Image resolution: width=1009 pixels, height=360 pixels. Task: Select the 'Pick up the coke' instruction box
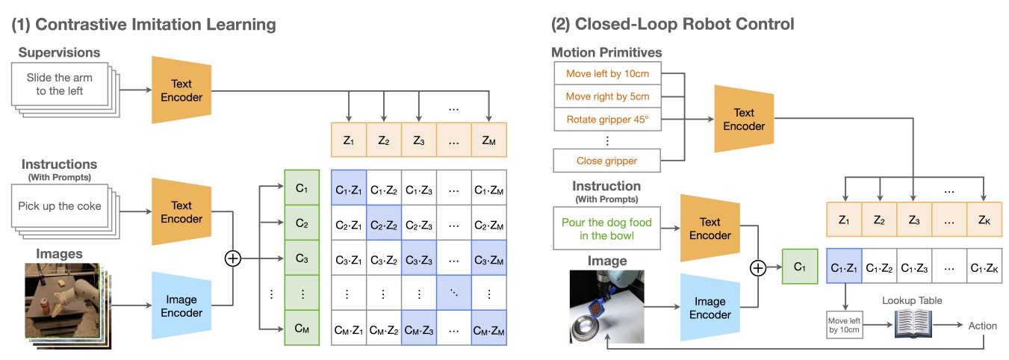[63, 206]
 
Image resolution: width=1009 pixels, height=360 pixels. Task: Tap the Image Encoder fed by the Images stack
[181, 305]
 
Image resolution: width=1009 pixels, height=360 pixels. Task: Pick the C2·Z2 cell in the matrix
[384, 225]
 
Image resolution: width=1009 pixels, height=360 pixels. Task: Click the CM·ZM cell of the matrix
[488, 328]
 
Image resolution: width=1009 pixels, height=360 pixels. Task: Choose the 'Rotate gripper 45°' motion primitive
[607, 120]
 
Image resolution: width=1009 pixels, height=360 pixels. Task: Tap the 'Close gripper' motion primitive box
[607, 160]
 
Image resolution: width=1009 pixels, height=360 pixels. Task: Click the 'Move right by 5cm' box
[607, 96]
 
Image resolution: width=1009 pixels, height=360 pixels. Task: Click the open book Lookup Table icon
[913, 326]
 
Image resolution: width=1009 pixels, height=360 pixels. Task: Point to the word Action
[982, 326]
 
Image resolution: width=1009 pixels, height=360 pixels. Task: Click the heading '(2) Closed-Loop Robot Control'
[672, 25]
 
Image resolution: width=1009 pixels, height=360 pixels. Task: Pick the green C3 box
[302, 259]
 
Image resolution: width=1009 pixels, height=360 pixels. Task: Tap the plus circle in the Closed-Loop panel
[759, 267]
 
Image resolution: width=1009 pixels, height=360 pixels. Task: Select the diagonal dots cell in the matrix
[453, 294]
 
